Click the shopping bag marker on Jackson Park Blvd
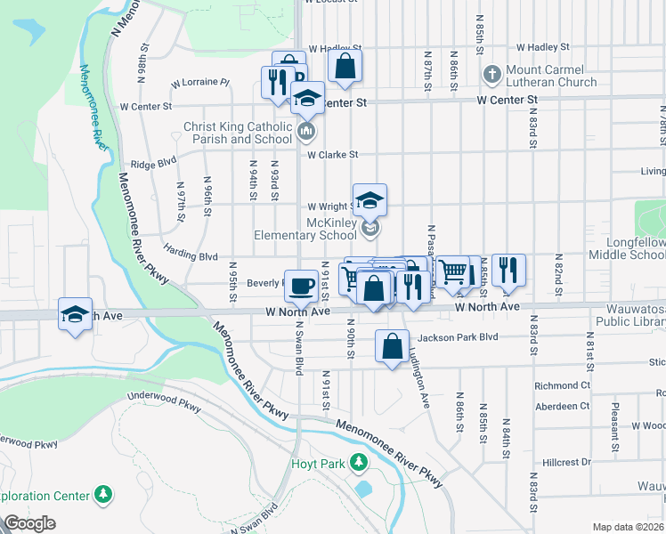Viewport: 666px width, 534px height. (x=392, y=347)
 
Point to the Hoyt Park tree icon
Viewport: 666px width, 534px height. (x=358, y=463)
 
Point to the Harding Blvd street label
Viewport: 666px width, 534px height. (x=191, y=255)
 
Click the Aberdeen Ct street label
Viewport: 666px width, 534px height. (x=561, y=406)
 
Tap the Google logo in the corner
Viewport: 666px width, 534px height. (x=28, y=523)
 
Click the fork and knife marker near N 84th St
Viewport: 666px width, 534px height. (x=508, y=270)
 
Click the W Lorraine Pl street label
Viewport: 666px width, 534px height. (x=200, y=82)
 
